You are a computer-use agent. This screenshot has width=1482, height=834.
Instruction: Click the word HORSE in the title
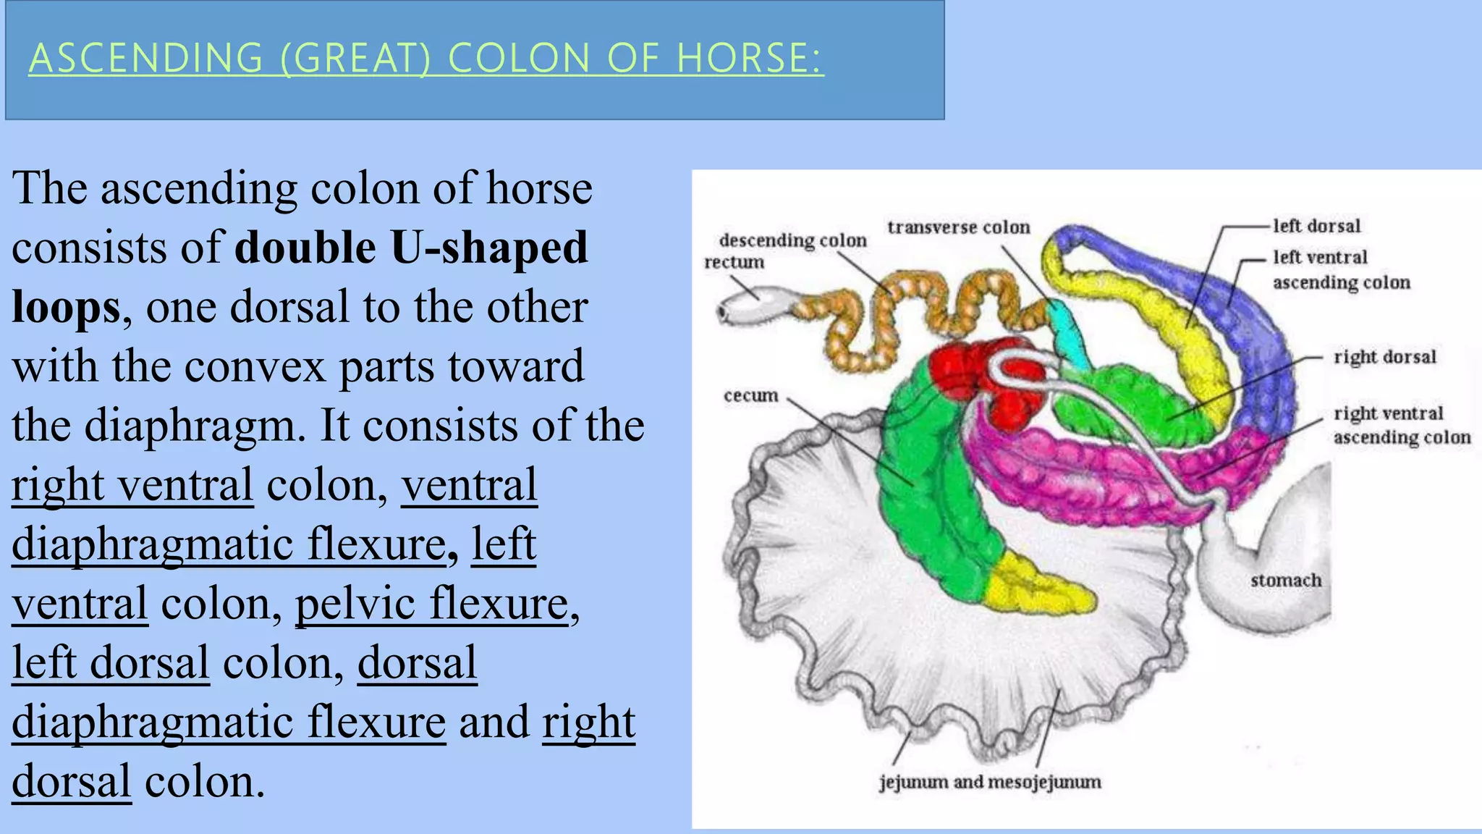point(749,59)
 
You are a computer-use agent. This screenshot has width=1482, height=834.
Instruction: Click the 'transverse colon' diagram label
point(958,227)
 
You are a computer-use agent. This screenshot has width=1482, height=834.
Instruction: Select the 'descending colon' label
point(792,240)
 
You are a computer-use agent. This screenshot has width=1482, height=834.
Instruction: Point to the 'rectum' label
point(734,262)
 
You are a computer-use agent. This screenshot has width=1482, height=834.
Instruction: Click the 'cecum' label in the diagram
point(750,395)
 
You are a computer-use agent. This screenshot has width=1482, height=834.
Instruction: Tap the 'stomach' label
point(1286,580)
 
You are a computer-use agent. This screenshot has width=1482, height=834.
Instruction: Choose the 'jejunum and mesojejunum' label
point(989,782)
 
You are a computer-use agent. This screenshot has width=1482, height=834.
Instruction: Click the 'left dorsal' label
point(1316,226)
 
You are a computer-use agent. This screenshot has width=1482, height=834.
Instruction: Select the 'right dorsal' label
point(1384,357)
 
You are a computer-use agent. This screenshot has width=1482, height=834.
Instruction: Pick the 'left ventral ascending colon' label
point(1340,269)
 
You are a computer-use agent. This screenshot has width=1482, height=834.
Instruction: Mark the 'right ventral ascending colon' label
point(1401,425)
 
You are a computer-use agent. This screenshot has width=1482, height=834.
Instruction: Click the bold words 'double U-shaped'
point(411,248)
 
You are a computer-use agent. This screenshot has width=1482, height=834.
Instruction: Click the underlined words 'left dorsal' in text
point(111,662)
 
